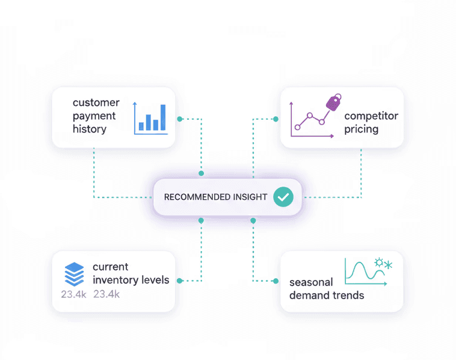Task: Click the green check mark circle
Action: point(283,197)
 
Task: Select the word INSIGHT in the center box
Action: point(249,197)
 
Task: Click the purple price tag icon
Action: point(333,101)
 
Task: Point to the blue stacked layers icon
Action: point(73,274)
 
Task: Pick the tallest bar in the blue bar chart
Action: point(163,117)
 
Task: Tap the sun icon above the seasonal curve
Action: point(379,263)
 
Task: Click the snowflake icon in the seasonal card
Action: point(389,264)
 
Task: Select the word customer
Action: point(96,102)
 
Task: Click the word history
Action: point(90,129)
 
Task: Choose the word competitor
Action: point(371,116)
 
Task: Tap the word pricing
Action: point(362,129)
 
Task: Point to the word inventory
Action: point(116,280)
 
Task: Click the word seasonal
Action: point(311,282)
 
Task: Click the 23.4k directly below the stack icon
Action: point(74,294)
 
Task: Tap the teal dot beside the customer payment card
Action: point(180,119)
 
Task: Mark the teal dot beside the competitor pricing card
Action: point(276,119)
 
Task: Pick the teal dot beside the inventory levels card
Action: point(180,281)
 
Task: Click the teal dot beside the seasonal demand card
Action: point(276,281)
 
